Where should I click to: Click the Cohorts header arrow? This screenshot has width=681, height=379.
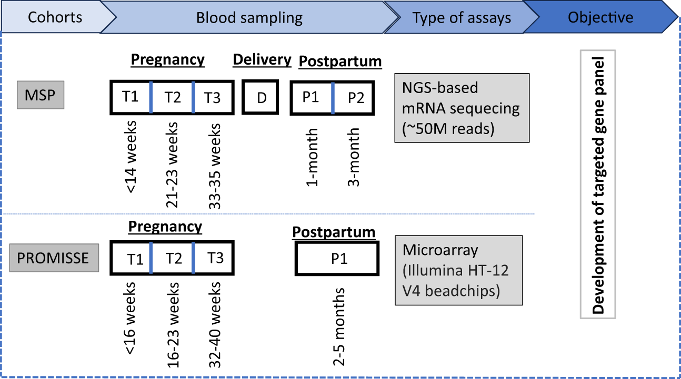(55, 17)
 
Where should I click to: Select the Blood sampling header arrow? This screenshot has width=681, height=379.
(249, 18)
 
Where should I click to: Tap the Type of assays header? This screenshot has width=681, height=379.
(461, 18)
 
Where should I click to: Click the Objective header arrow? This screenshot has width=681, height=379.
(600, 17)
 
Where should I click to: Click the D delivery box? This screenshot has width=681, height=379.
(262, 98)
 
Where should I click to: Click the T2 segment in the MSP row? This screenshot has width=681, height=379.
(172, 98)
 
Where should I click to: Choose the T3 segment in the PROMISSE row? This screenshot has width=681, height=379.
(214, 258)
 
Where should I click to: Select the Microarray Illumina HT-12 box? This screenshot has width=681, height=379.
(458, 270)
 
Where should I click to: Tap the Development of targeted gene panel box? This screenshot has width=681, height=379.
(598, 183)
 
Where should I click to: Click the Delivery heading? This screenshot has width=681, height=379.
(262, 59)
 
